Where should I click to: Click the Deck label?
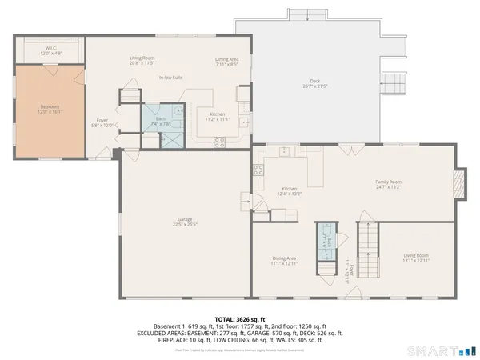click(315, 82)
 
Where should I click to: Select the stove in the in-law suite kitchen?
click(218, 142)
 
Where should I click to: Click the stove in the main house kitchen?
click(258, 170)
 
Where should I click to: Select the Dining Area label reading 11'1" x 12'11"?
click(285, 261)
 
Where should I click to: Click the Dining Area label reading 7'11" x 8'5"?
click(226, 61)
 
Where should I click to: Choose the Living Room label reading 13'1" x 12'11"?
click(416, 258)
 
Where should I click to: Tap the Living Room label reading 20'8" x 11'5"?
click(142, 61)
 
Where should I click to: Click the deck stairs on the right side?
click(395, 82)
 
